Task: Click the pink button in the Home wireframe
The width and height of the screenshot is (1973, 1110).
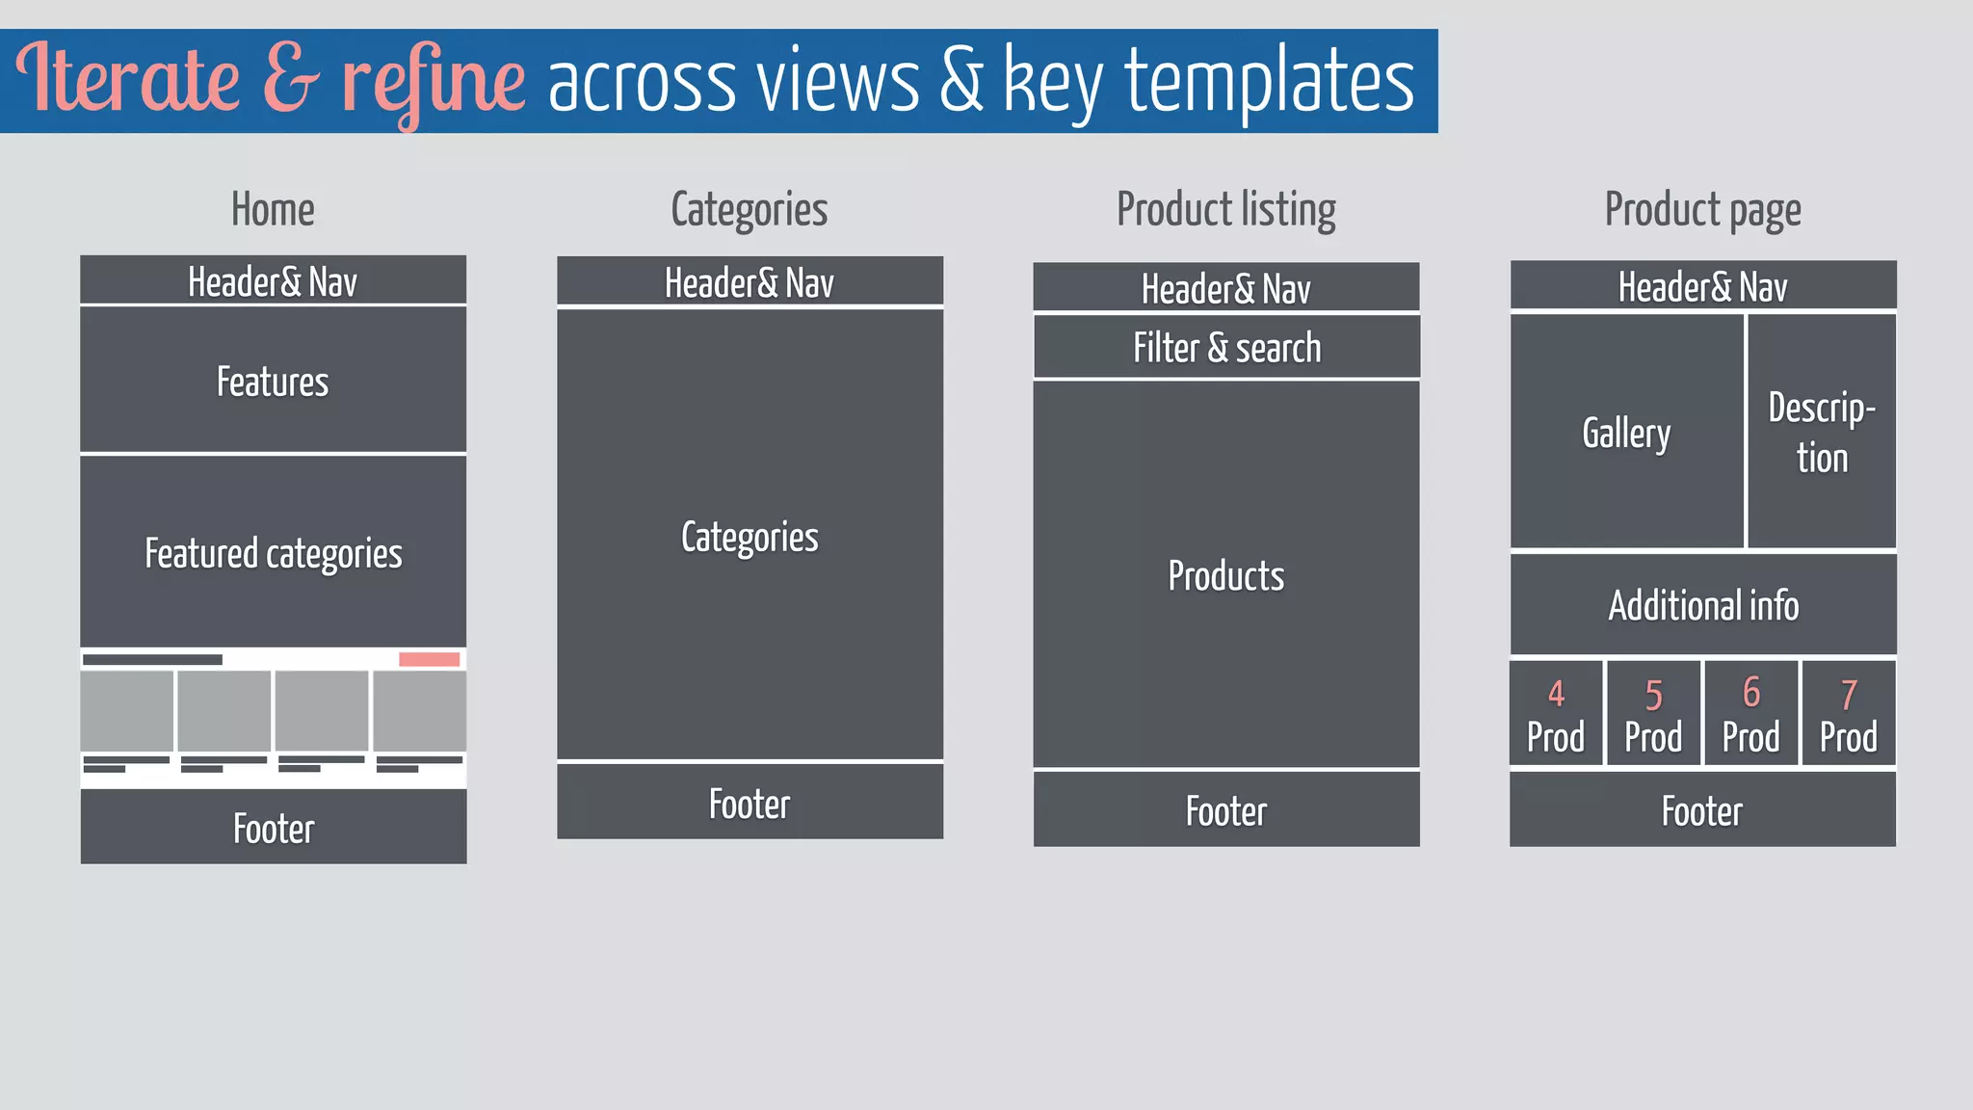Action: (x=429, y=659)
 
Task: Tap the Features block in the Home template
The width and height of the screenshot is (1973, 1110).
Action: (x=273, y=381)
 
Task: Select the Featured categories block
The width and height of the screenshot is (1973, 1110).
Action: (x=273, y=552)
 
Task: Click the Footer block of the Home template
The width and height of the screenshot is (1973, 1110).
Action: (x=273, y=828)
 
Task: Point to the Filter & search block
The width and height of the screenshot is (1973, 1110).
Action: (x=1226, y=347)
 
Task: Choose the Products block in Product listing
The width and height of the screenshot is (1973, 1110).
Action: (x=1226, y=575)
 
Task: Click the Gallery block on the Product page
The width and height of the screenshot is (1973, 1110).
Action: (x=1626, y=433)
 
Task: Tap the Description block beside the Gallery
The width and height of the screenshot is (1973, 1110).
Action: (x=1822, y=433)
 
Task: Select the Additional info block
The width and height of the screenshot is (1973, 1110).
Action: (x=1702, y=605)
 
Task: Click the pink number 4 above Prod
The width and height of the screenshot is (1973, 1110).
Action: (x=1556, y=694)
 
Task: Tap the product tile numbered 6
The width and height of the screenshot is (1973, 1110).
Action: (x=1750, y=714)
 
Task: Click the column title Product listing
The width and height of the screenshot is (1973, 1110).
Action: (x=1226, y=210)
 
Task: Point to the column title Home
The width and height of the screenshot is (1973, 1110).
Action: (x=273, y=210)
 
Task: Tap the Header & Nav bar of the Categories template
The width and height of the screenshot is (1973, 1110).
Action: (x=750, y=282)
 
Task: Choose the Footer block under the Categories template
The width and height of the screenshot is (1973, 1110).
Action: (x=750, y=803)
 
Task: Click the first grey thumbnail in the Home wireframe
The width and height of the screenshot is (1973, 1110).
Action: (x=127, y=711)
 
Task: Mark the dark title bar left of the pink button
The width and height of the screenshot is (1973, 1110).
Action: (x=152, y=660)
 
